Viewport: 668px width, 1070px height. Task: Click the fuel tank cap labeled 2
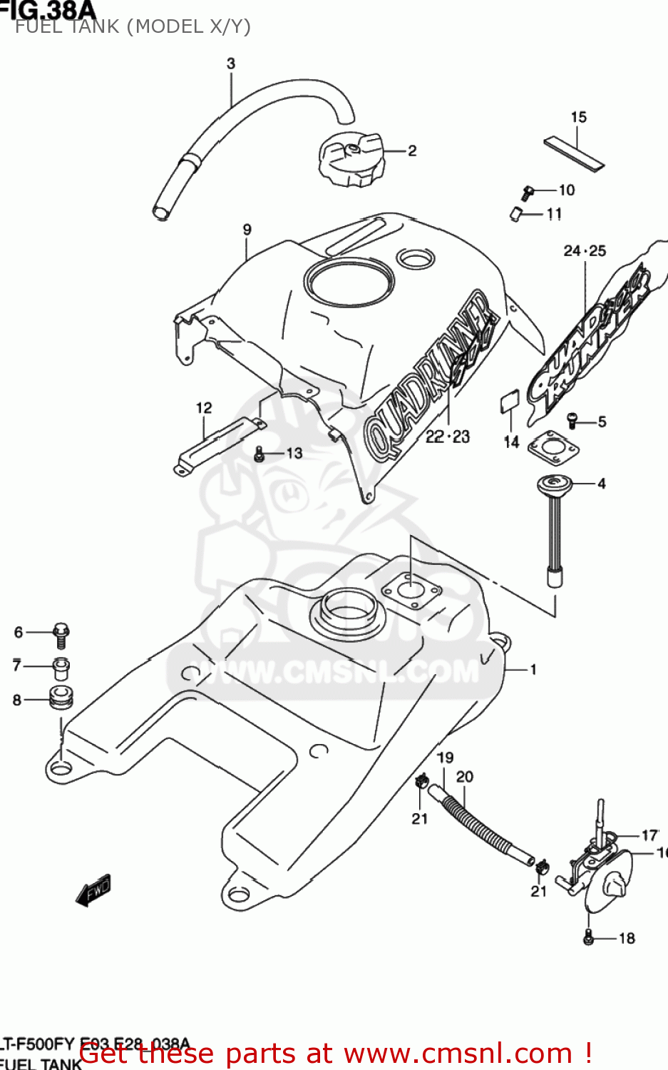[351, 160]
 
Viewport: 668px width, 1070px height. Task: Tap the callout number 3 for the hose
[231, 63]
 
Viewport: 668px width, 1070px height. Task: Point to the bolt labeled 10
[528, 192]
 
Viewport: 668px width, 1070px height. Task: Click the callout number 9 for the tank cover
[247, 230]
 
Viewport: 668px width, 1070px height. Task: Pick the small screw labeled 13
[260, 453]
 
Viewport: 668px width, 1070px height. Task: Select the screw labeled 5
[572, 421]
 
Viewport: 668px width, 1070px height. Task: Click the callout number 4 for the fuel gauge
[602, 484]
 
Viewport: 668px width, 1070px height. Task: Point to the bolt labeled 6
[61, 634]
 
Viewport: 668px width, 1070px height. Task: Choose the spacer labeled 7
[61, 669]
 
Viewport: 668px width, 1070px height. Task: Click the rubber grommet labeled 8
[61, 698]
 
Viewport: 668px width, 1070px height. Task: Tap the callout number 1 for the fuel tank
[533, 669]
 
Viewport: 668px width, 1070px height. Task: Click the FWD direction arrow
[94, 890]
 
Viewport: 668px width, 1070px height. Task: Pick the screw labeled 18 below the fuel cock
[588, 938]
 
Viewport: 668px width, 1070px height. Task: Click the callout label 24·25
[585, 250]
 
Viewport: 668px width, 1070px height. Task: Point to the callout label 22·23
[448, 437]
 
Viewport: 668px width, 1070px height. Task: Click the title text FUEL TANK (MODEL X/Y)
[133, 27]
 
